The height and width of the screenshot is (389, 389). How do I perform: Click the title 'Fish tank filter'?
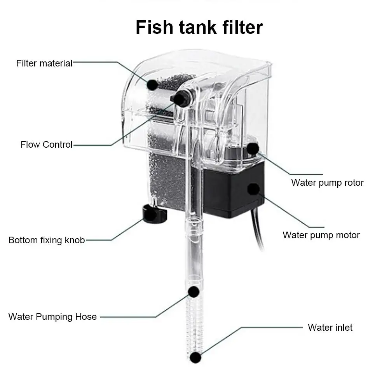(199, 28)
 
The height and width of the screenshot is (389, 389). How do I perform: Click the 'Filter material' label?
(44, 63)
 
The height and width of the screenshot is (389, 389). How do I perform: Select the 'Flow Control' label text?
(46, 145)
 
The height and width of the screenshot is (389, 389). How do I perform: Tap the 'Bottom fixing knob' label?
(46, 240)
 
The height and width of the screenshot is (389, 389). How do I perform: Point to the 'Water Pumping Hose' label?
(52, 317)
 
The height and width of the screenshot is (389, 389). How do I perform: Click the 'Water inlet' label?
(330, 328)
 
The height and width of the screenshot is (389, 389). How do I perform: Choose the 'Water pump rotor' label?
(327, 183)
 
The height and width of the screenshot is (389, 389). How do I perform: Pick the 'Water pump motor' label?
(321, 235)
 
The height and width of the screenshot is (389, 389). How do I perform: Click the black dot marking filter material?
(152, 84)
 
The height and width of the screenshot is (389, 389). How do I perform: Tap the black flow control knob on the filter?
(180, 99)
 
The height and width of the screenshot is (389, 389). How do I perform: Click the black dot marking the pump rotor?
(253, 148)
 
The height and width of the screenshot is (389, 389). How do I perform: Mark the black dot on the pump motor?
(253, 189)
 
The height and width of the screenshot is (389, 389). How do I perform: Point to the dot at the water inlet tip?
(195, 357)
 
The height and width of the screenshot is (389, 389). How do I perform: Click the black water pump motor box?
(229, 190)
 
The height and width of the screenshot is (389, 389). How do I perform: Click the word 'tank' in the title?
(199, 28)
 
